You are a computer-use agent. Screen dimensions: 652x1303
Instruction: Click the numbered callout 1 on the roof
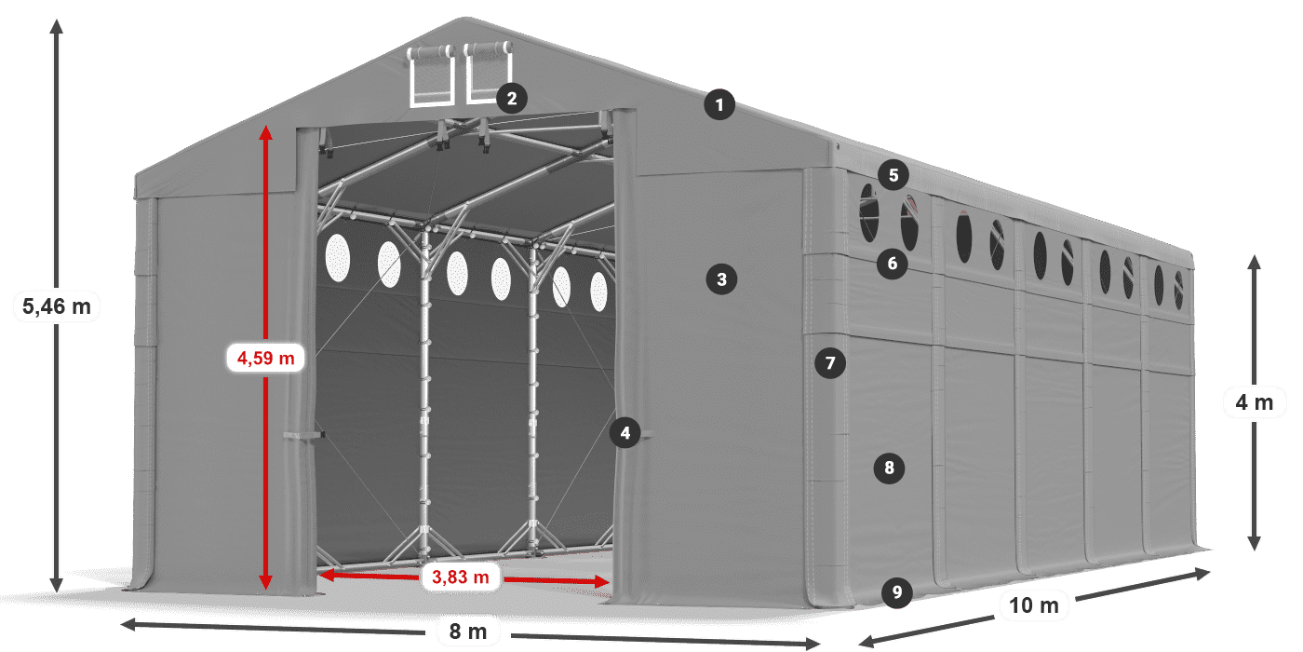click(x=719, y=105)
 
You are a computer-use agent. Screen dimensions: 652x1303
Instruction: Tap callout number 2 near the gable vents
click(x=512, y=98)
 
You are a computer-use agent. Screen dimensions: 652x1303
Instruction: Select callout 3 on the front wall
click(x=721, y=278)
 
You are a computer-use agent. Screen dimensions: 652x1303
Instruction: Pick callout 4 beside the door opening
click(x=625, y=432)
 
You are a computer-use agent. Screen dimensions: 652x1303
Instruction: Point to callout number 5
click(x=893, y=174)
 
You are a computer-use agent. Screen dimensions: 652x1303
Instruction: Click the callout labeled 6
click(x=892, y=264)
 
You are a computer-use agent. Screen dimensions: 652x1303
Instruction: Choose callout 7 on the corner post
click(x=830, y=362)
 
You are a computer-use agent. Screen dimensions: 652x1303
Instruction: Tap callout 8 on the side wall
click(x=889, y=468)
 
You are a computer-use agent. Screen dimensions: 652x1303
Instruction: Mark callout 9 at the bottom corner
click(x=895, y=591)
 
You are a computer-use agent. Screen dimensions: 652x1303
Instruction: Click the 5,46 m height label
click(x=56, y=306)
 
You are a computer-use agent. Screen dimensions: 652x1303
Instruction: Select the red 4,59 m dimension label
click(x=266, y=357)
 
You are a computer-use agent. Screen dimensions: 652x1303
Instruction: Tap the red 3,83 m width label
click(x=461, y=577)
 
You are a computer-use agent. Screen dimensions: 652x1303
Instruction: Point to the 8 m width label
click(x=468, y=632)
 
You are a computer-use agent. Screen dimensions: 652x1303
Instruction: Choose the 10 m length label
click(x=1033, y=605)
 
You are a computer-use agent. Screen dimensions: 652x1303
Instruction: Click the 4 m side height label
click(x=1254, y=402)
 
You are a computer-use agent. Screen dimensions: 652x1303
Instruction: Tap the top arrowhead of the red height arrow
click(x=266, y=132)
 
